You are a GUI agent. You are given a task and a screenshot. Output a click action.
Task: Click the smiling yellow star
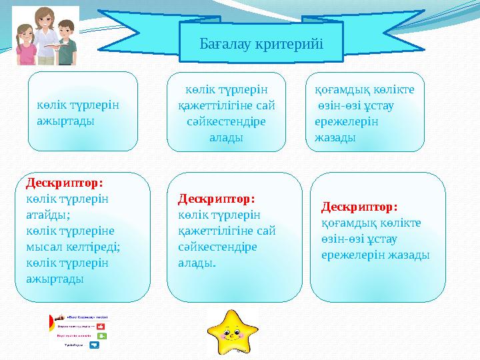(231, 330)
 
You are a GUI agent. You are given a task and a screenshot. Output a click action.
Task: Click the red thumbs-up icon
(101, 327)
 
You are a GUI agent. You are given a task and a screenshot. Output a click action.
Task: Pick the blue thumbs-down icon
(94, 345)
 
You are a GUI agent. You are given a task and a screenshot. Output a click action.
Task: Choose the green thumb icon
(102, 336)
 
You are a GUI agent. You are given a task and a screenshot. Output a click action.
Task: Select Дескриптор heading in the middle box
(217, 199)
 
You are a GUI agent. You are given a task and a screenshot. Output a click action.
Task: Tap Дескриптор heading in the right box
(359, 207)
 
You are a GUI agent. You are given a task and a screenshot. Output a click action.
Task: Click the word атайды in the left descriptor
(48, 214)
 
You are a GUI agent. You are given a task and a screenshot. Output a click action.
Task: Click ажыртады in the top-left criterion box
(65, 121)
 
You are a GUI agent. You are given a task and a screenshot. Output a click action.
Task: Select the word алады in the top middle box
(226, 137)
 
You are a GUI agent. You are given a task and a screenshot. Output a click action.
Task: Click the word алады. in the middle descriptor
(197, 263)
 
